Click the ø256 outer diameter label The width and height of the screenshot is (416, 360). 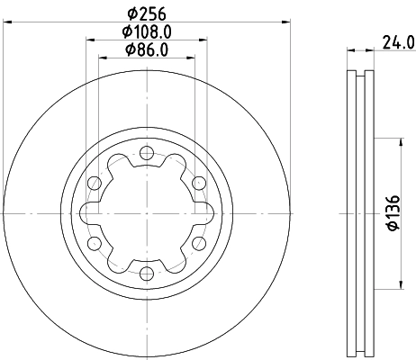pyautogui.click(x=145, y=13)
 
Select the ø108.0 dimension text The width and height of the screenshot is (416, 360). pyautogui.click(x=146, y=32)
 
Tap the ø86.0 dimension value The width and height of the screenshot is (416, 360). pyautogui.click(x=146, y=51)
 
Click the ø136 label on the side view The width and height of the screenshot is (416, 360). pyautogui.click(x=393, y=214)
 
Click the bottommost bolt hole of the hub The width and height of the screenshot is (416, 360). pyautogui.click(x=146, y=273)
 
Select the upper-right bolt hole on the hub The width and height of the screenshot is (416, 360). pyautogui.click(x=197, y=184)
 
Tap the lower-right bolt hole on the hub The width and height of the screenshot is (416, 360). pyautogui.click(x=197, y=243)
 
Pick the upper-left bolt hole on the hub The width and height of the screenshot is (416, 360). pyautogui.click(x=94, y=184)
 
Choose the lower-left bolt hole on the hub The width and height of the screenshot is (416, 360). pyautogui.click(x=94, y=243)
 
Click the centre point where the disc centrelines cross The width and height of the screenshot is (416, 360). pyautogui.click(x=146, y=213)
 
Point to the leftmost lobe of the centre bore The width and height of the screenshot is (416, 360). pyautogui.click(x=86, y=213)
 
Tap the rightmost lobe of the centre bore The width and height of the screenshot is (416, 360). pyautogui.click(x=204, y=213)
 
